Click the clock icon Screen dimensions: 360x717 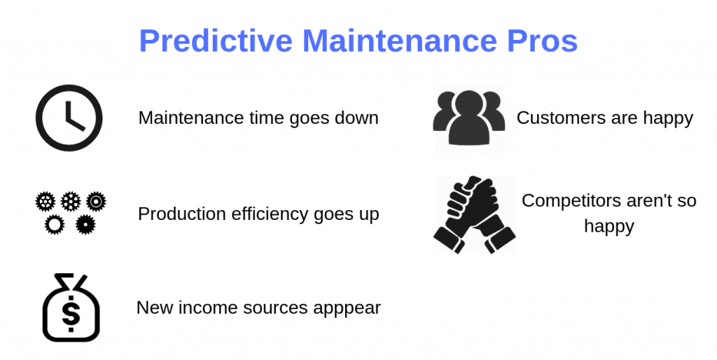[x=69, y=118]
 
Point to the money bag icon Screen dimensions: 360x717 [x=71, y=307]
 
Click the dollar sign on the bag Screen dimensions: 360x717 [x=71, y=313]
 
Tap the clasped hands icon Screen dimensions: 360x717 [x=474, y=214]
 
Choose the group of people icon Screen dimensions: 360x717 [x=468, y=117]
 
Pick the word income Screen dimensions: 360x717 [x=199, y=307]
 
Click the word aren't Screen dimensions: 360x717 [x=648, y=201]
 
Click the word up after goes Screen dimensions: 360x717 [x=369, y=214]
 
